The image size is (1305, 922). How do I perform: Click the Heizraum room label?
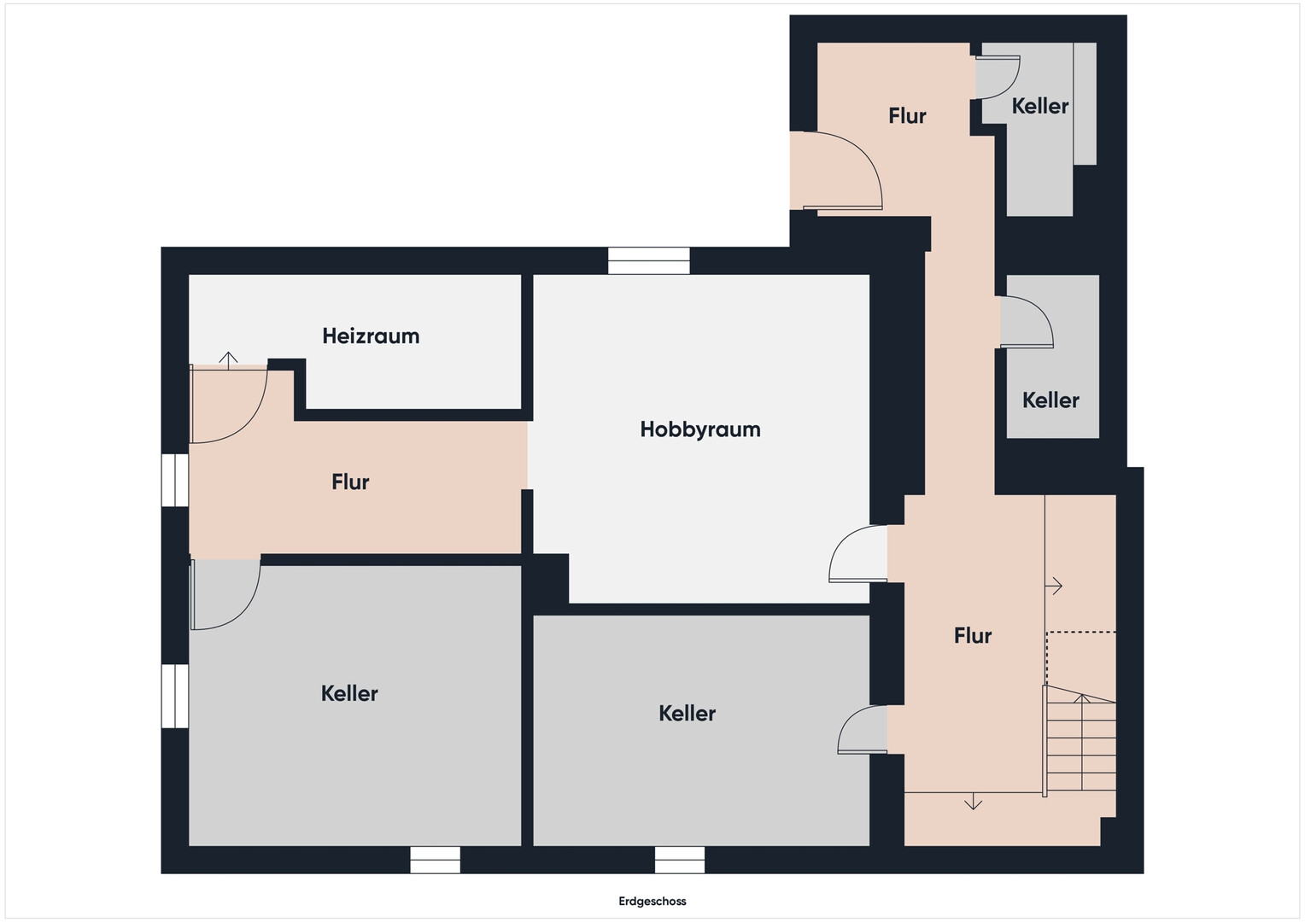372,336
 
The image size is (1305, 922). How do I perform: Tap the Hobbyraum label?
700,429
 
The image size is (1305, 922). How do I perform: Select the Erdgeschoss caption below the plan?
652,901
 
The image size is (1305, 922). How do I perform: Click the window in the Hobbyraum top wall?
649,260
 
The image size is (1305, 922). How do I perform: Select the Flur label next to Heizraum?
350,482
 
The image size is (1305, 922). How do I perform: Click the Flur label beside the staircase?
972,636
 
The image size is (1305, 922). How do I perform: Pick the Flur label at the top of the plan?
907,116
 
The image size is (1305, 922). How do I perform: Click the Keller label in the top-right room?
1040,107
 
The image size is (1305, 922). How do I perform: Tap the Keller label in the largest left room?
349,694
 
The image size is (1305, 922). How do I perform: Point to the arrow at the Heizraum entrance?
228,360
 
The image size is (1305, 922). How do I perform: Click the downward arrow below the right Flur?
973,802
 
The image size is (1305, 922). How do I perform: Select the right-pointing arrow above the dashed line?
1055,586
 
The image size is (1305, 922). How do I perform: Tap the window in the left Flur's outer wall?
175,481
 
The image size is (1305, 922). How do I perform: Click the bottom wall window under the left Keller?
436,861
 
